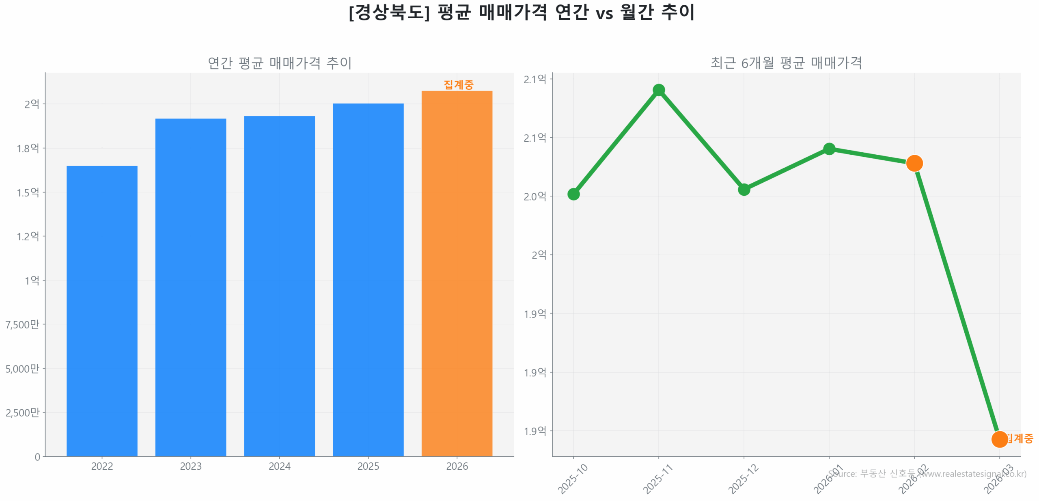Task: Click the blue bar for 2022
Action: [102, 311]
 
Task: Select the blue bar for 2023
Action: [190, 287]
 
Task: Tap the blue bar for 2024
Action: [279, 286]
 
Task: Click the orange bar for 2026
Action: [457, 273]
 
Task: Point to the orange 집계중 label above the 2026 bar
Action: [458, 84]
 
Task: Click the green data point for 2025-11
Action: [658, 90]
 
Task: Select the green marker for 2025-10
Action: [573, 194]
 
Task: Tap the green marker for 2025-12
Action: [744, 189]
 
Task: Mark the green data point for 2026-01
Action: [829, 149]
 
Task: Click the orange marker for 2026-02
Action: [914, 163]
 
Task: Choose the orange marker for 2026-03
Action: [999, 439]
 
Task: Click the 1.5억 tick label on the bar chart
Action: [28, 192]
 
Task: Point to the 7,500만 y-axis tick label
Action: [22, 324]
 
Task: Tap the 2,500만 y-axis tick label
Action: [22, 412]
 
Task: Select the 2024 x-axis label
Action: [279, 466]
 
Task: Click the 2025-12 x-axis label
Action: [743, 479]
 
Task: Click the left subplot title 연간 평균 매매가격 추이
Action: [279, 63]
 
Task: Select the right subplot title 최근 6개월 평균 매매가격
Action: [786, 63]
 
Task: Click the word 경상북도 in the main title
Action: [389, 12]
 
